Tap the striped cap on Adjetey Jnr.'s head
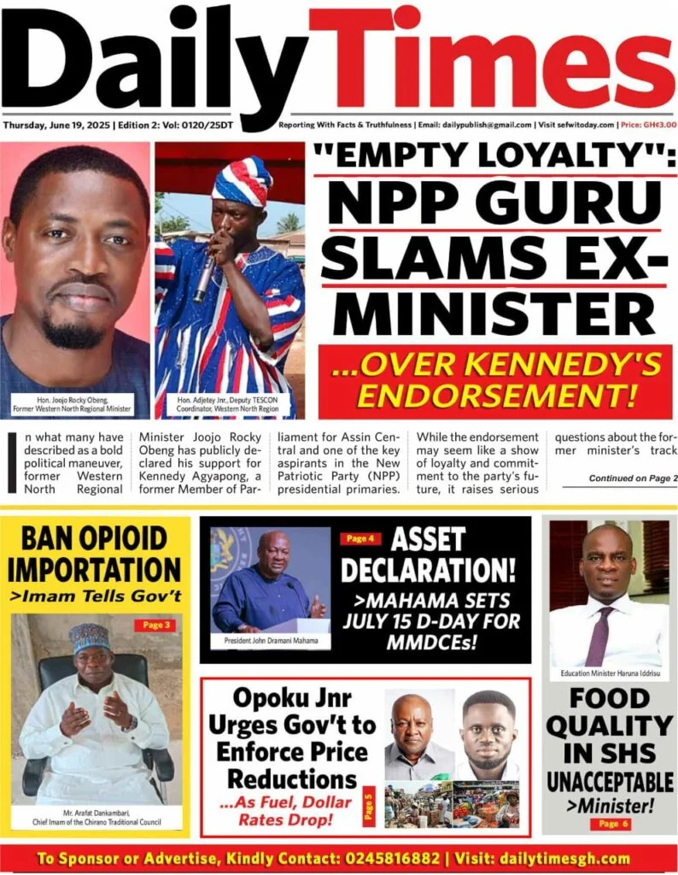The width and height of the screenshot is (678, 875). (242, 182)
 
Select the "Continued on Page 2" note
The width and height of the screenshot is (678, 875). (633, 479)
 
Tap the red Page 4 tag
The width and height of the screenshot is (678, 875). (358, 539)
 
